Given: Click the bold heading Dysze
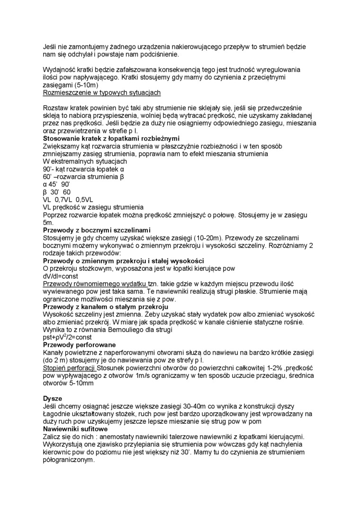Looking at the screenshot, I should (x=53, y=399).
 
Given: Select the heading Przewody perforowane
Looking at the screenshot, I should (x=80, y=345).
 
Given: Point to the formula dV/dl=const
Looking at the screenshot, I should (x=61, y=276).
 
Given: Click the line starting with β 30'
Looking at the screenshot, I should (x=56, y=192).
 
